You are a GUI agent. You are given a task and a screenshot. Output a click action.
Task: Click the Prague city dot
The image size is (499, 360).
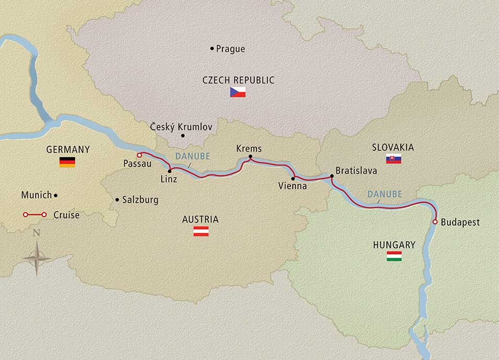point(212,49)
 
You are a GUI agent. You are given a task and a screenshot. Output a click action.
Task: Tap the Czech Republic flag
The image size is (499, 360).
point(237,93)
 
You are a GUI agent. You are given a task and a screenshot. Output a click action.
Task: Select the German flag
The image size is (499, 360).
point(67,162)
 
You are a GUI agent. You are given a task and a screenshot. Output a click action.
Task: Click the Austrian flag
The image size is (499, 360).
point(201,232)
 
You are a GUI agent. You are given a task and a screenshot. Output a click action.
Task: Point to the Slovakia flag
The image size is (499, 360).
point(394,160)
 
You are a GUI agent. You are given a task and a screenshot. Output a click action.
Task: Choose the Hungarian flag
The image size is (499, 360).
point(394,256)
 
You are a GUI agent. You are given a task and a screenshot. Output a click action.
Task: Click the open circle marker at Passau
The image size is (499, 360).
point(139,155)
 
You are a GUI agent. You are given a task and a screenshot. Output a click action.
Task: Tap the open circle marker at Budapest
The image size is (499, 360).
point(434,222)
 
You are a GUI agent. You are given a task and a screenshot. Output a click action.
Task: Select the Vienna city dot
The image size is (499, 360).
point(293,178)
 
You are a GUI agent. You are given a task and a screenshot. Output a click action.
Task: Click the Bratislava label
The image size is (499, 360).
point(356,171)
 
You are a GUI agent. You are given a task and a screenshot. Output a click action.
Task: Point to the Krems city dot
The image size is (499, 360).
point(251,157)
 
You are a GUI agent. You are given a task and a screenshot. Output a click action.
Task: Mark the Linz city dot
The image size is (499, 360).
point(170,171)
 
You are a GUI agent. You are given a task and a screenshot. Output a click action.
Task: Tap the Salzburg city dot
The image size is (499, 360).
point(117,199)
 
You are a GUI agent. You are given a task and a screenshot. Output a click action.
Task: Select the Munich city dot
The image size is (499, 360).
point(56,195)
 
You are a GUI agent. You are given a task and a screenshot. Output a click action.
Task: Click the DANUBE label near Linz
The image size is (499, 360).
point(192,156)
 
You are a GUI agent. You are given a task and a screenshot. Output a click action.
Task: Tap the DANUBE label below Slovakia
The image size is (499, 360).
point(384,194)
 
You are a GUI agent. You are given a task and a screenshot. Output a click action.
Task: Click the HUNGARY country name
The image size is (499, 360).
point(394,245)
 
